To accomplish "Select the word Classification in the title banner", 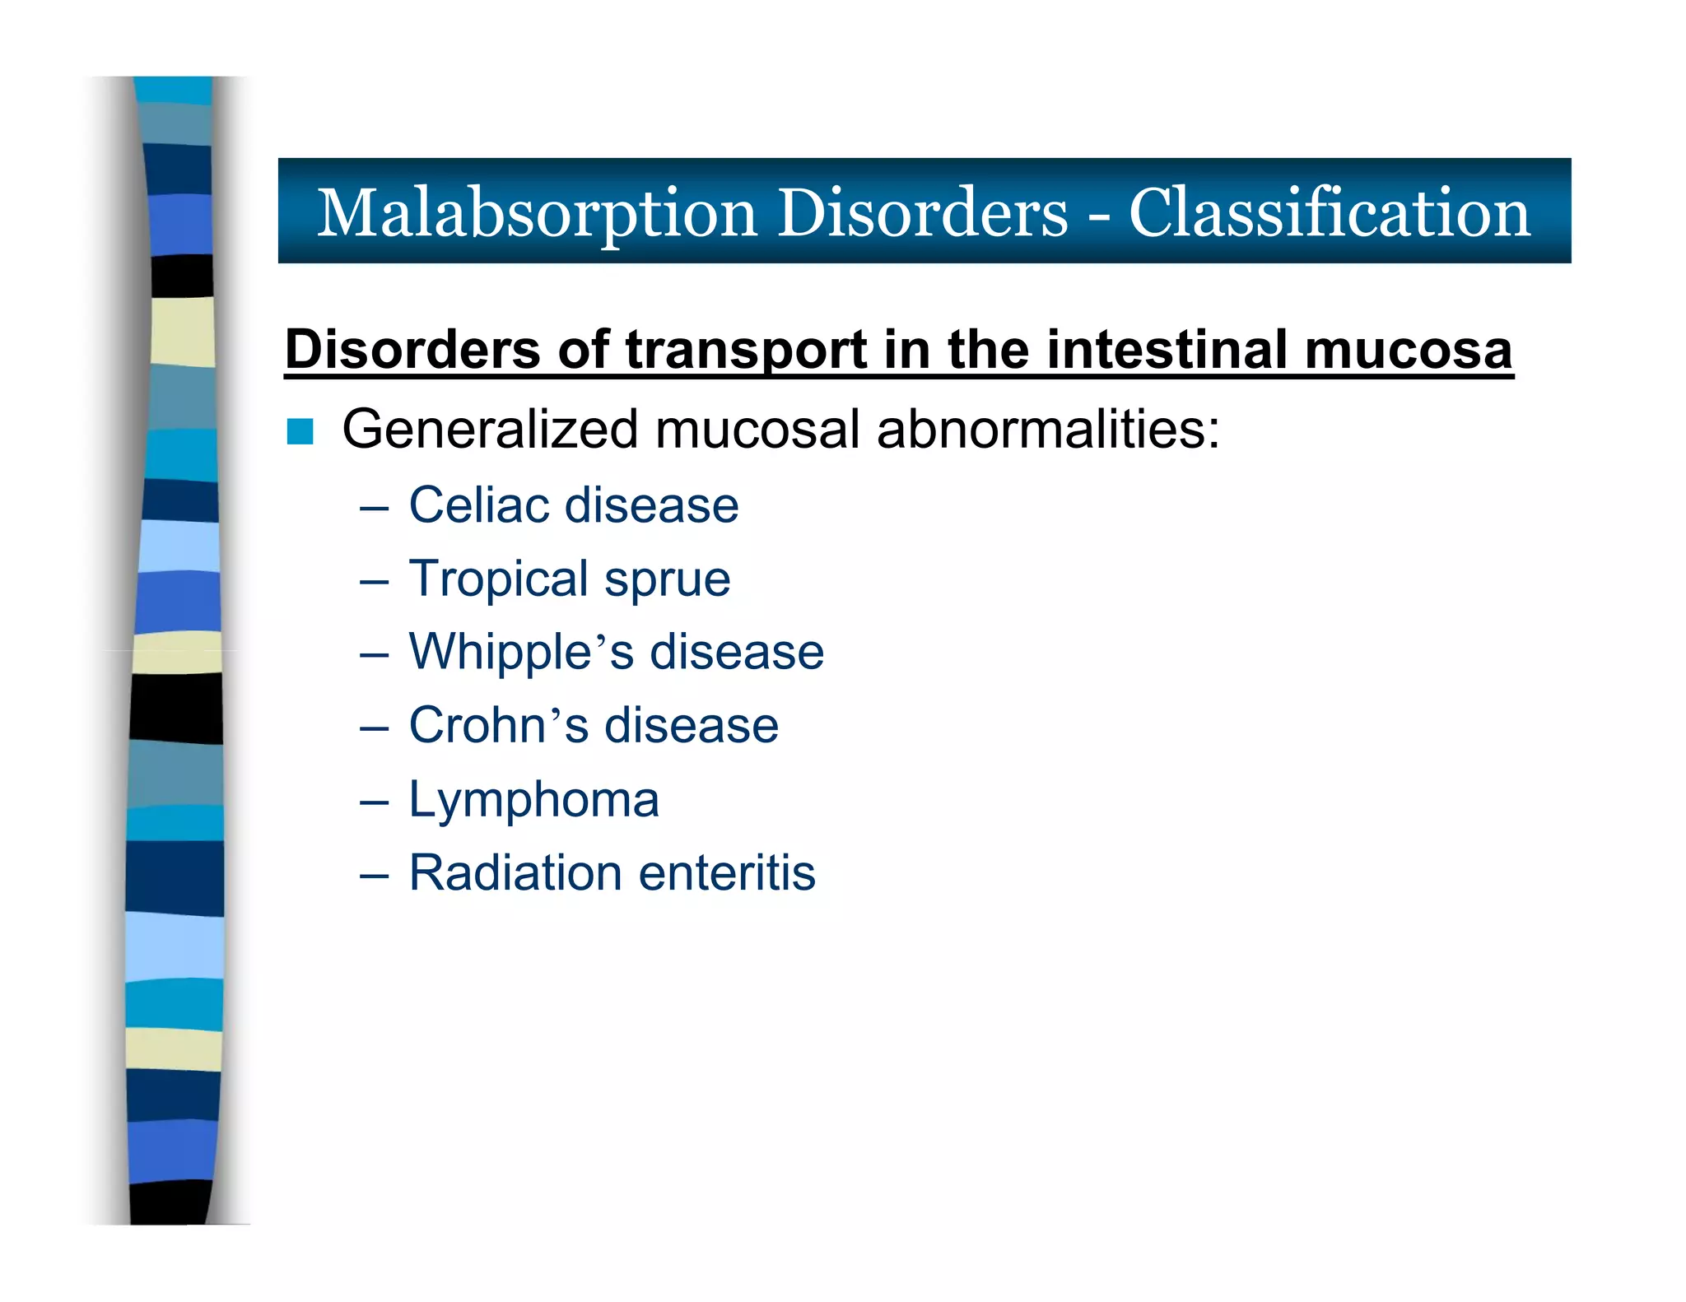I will click(1329, 212).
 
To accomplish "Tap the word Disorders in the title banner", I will click(922, 212).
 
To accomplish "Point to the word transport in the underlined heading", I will click(746, 351).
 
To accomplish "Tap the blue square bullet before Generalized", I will click(300, 431).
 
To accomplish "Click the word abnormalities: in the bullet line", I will click(1047, 430).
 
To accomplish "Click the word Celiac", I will click(479, 505).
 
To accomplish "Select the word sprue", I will click(667, 580).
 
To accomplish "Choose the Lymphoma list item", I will click(533, 800).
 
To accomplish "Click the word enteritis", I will click(726, 872).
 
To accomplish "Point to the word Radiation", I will click(515, 872).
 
